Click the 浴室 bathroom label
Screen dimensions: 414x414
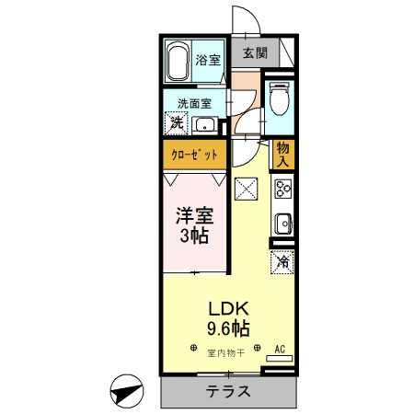pos(209,61)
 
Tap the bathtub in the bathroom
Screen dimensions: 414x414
pos(178,61)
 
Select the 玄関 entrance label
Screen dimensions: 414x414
pos(255,53)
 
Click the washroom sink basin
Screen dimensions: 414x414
pos(206,125)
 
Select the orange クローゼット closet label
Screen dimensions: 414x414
pos(194,155)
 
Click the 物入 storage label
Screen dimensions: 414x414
pos(282,155)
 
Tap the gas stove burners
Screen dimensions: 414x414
pos(282,190)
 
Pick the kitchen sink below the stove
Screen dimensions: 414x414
pos(282,224)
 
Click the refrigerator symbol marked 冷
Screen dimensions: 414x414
pos(282,261)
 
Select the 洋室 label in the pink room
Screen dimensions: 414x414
pos(194,218)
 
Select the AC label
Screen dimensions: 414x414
pos(282,349)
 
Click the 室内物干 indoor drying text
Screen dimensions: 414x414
pos(225,352)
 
